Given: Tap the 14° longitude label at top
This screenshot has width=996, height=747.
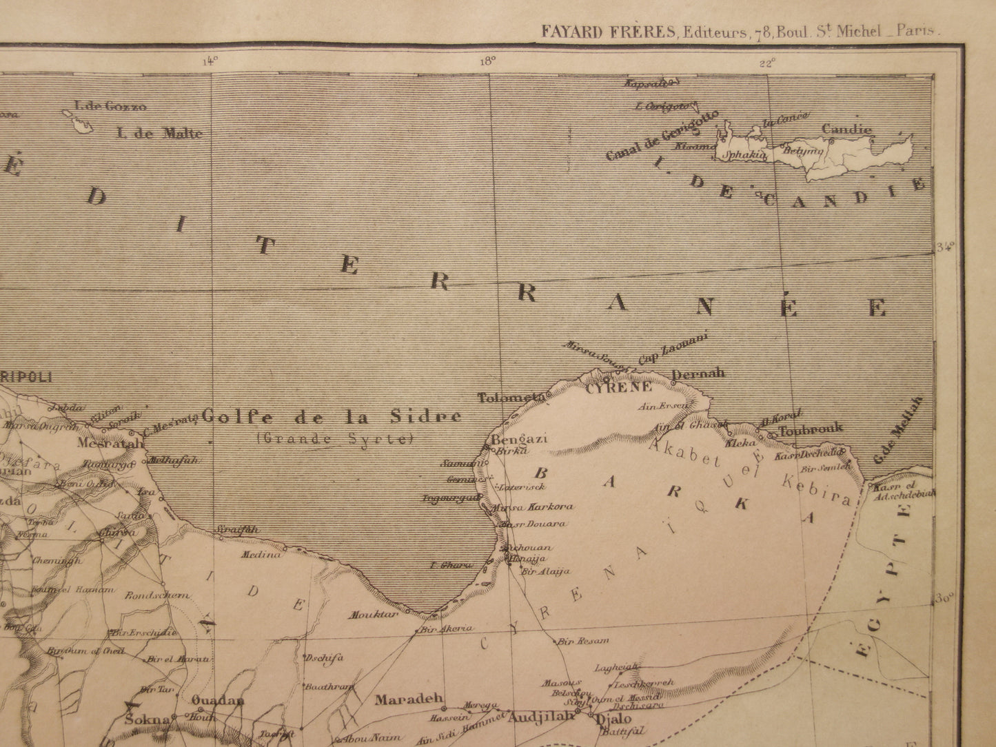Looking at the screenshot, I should (x=210, y=60).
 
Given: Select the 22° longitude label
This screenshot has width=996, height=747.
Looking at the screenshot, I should (x=766, y=63).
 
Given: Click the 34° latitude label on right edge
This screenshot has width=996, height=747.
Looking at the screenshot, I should (x=945, y=247).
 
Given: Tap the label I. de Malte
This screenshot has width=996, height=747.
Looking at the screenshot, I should (x=159, y=133).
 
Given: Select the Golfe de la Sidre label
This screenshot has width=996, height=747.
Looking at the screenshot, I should (x=332, y=417).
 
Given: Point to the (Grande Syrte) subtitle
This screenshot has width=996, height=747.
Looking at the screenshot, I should (x=334, y=438).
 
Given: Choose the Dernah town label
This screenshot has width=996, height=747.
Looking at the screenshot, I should (x=698, y=373).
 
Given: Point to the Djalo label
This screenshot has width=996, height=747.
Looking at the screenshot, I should (x=612, y=718).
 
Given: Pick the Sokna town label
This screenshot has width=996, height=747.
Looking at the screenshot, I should (x=147, y=720).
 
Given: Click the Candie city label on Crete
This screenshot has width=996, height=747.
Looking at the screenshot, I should (x=846, y=129).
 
